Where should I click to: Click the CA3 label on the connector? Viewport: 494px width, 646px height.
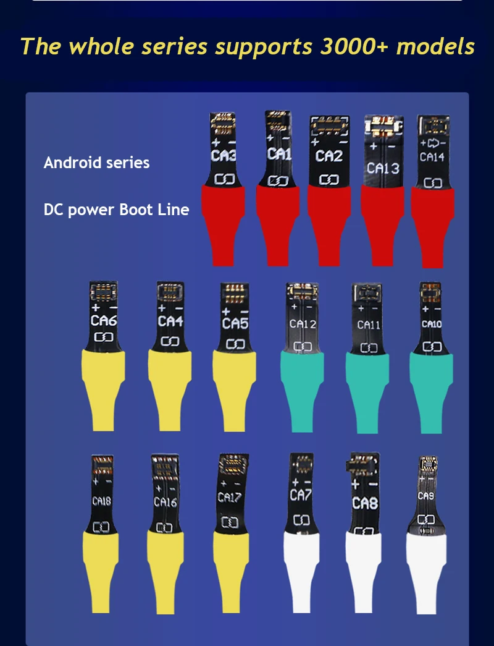tap(223, 155)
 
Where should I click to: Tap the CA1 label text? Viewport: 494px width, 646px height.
tap(278, 153)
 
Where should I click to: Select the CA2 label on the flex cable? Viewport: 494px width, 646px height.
tap(329, 156)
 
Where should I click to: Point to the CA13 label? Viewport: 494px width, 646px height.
tap(383, 168)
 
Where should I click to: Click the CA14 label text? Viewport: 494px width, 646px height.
tap(432, 157)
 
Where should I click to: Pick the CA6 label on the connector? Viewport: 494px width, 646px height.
tap(104, 321)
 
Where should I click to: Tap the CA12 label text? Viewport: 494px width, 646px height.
tap(303, 324)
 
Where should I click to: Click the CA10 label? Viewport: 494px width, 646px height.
tap(432, 324)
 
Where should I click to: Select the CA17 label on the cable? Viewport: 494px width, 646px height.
tap(229, 496)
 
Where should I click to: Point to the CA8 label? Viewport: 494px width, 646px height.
tap(365, 503)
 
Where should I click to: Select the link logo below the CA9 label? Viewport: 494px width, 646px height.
tap(426, 519)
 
